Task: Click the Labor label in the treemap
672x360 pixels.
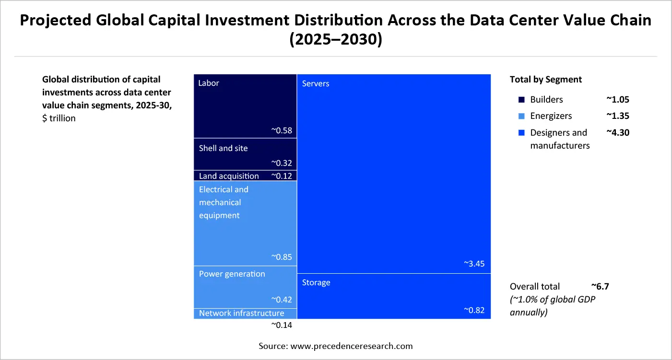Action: [209, 83]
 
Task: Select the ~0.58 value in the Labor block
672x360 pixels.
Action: [282, 130]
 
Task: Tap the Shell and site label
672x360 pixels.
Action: [223, 148]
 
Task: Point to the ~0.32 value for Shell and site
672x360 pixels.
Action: [282, 163]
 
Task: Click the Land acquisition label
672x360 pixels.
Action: [229, 176]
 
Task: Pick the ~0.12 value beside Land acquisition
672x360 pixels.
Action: [282, 176]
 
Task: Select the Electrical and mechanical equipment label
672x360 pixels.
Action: [224, 202]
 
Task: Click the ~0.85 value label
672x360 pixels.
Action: [282, 257]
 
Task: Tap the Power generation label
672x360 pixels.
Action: [232, 274]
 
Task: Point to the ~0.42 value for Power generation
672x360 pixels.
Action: [282, 300]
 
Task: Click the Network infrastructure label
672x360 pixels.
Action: [241, 313]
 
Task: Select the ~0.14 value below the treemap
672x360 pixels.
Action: [282, 325]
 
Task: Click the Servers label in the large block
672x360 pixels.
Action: [316, 83]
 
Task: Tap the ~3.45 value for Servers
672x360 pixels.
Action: [474, 264]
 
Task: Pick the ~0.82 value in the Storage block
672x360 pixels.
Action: [474, 310]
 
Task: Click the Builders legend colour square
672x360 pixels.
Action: [521, 100]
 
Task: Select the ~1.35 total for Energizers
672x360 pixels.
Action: [617, 116]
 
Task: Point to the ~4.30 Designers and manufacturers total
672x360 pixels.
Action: [617, 132]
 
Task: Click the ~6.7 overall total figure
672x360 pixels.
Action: [600, 286]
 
